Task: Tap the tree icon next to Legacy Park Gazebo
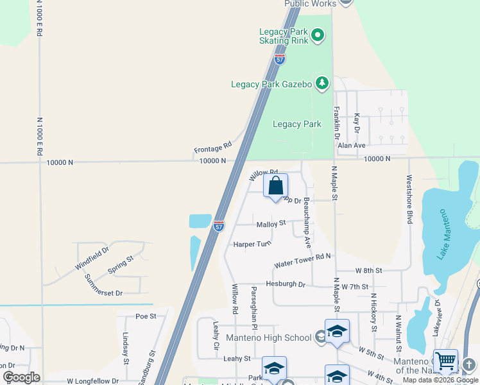point(321,83)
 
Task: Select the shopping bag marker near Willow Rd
point(275,187)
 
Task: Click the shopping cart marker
point(446,361)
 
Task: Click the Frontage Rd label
point(212,148)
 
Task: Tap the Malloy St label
point(271,224)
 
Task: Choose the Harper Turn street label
point(252,244)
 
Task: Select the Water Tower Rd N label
point(302,260)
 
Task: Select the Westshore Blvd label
point(408,200)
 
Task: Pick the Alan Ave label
point(351,146)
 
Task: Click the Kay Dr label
point(357,123)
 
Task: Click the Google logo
point(21,377)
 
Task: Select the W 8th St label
point(368,271)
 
